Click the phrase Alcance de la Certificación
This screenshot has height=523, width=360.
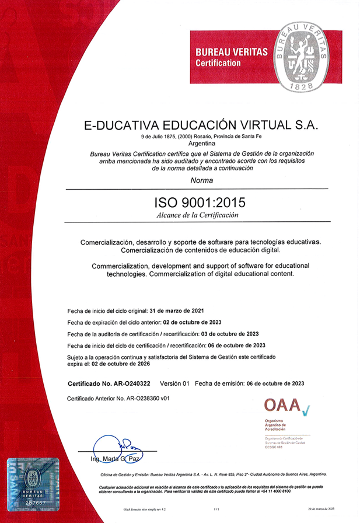pyautogui.click(x=198, y=215)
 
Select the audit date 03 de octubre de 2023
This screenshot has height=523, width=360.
pyautogui.click(x=229, y=334)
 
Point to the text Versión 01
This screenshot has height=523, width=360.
pyautogui.click(x=175, y=383)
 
